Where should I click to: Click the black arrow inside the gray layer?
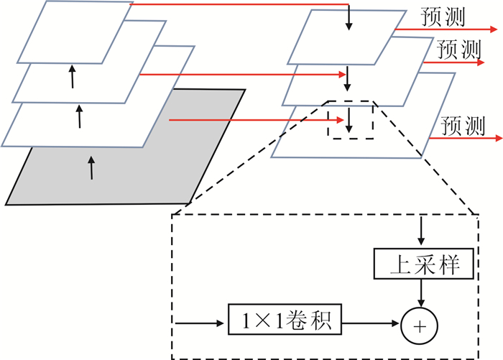click(91, 166)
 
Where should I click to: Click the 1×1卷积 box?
click(285, 318)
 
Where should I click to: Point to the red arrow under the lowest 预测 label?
click(463, 137)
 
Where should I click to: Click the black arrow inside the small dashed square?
click(349, 121)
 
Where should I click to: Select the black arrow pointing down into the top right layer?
click(349, 18)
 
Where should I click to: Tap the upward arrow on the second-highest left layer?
click(72, 76)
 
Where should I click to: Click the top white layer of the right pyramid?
click(338, 43)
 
